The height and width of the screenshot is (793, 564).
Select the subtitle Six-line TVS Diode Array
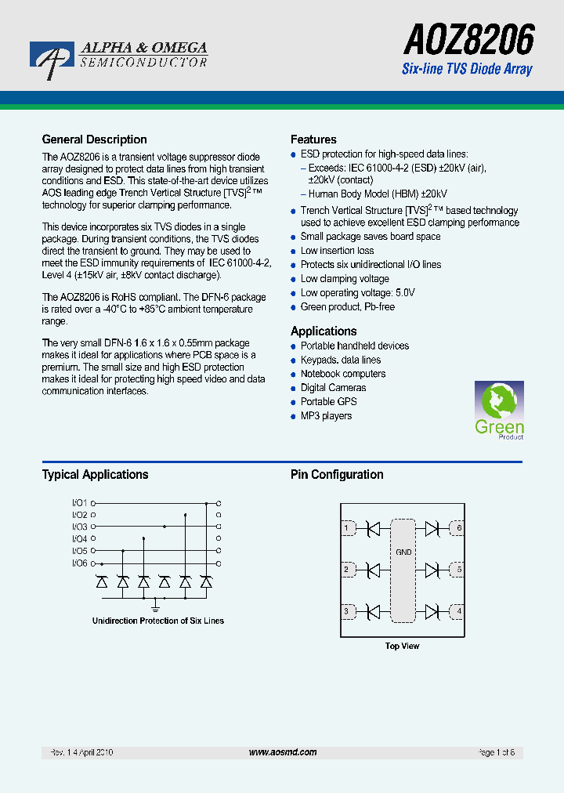pyautogui.click(x=467, y=69)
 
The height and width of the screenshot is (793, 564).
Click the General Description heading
pyautogui.click(x=94, y=139)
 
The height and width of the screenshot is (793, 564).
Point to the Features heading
pyautogui.click(x=313, y=139)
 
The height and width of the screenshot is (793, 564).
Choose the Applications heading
pyautogui.click(x=324, y=331)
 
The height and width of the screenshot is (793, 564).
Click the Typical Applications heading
pyautogui.click(x=95, y=474)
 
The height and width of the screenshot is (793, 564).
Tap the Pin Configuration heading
pyautogui.click(x=337, y=474)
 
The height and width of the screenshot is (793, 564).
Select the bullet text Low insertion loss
pyautogui.click(x=337, y=251)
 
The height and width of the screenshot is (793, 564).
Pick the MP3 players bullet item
pyautogui.click(x=326, y=416)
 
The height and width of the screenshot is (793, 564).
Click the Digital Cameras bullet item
pyautogui.click(x=333, y=388)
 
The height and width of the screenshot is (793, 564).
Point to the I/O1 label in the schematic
pyautogui.click(x=80, y=502)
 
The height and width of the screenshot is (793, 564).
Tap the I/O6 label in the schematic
pyautogui.click(x=80, y=563)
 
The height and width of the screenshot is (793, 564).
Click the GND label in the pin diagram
pyautogui.click(x=403, y=552)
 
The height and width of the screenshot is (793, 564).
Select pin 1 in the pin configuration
pyautogui.click(x=346, y=529)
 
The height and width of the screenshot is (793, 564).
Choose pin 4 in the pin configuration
pyautogui.click(x=459, y=611)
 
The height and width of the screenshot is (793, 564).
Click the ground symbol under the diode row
pyautogui.click(x=155, y=606)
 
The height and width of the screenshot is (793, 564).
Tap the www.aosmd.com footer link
pyautogui.click(x=283, y=752)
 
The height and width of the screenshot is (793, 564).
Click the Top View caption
pyautogui.click(x=402, y=646)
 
